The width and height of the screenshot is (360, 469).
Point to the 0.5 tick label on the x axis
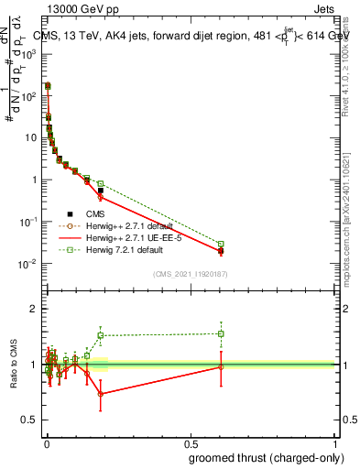point(190,442)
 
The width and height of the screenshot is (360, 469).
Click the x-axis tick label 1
point(333,442)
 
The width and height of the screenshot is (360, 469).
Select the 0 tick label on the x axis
point(46,442)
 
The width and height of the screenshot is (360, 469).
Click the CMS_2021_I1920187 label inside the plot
point(190,273)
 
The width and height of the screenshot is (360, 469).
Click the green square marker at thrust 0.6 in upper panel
point(221,244)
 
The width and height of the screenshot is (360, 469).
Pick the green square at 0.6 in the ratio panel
point(221,333)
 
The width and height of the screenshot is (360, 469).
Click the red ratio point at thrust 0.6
point(221,366)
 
